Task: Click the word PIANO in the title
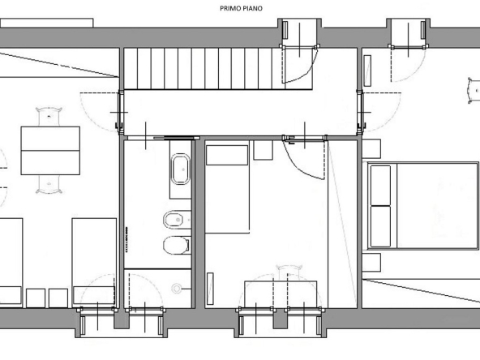252,9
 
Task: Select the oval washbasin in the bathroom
180,169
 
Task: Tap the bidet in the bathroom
174,220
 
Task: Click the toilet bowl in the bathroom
176,245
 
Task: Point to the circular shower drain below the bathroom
176,289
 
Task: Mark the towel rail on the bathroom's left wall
126,240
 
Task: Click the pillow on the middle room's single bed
227,155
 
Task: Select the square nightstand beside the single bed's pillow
263,150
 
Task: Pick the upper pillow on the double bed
380,186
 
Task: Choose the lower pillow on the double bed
380,226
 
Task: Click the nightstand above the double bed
371,148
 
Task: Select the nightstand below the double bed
371,263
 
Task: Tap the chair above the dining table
49,116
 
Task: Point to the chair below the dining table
49,184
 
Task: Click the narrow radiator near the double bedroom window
367,71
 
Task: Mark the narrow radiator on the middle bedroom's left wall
210,289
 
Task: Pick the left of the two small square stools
36,298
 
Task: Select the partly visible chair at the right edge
474,91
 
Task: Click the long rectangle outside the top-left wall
46,23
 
